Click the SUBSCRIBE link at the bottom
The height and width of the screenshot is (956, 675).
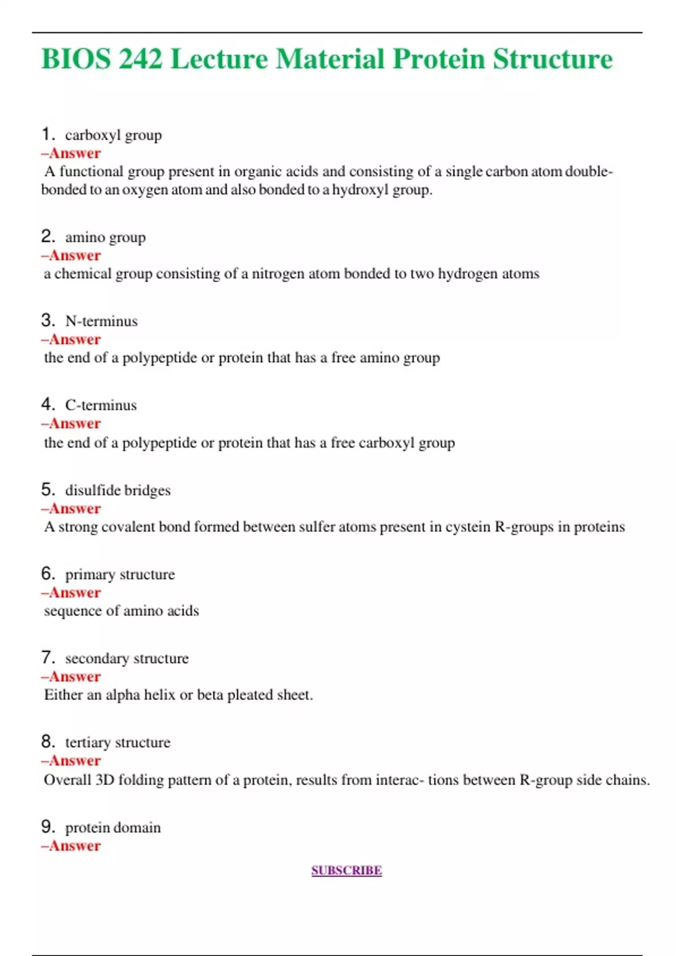pos(346,871)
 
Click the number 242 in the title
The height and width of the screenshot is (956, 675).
pos(141,59)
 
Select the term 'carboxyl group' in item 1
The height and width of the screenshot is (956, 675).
pos(113,136)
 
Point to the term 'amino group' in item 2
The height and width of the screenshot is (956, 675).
pos(105,237)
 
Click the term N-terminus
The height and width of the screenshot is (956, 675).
pos(101,321)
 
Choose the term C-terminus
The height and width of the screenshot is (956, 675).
pos(101,405)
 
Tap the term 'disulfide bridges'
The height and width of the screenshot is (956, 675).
pos(118,490)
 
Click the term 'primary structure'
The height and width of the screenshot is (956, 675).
pos(120,575)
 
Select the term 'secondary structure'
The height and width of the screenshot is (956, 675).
pos(127,659)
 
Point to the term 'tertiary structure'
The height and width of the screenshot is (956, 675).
pos(118,743)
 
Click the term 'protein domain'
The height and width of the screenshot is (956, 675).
pos(112,828)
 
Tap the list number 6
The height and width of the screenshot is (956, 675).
pos(48,574)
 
